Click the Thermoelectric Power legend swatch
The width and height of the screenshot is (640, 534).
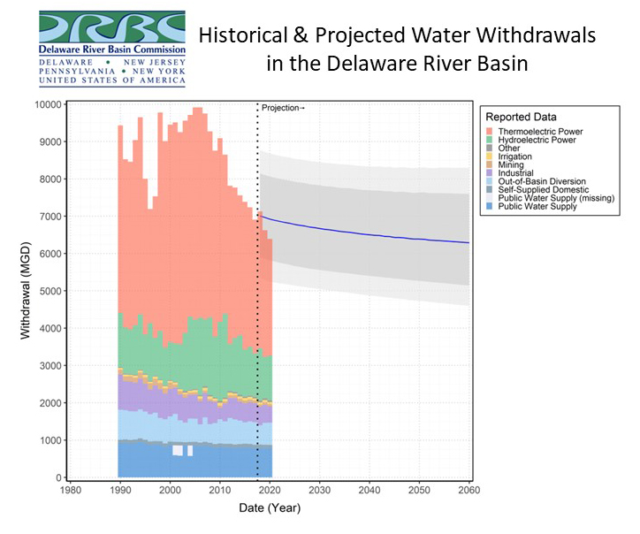pos(490,132)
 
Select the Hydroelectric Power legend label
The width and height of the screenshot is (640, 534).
pos(537,140)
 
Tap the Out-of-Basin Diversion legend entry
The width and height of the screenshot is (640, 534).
pos(536,181)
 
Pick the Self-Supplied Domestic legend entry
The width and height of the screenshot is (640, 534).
pos(537,189)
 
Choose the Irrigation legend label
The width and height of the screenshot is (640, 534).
pos(514,156)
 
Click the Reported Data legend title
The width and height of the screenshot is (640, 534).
pos(521,118)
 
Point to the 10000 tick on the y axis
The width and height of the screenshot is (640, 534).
pos(48,104)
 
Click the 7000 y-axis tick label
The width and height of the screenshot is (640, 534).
pos(50,217)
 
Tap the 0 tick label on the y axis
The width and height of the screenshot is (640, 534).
pos(58,477)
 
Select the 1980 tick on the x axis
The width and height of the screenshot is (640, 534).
pos(71,490)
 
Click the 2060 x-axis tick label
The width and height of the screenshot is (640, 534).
pos(469,490)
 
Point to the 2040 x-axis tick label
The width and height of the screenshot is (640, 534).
pos(370,490)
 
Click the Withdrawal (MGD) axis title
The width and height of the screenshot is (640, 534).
pos(26,291)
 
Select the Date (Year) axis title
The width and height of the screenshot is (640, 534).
pos(270,507)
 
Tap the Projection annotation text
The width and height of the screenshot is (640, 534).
pos(283,108)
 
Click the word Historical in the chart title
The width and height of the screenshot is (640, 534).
pos(243,35)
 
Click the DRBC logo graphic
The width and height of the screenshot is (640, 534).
pos(112,27)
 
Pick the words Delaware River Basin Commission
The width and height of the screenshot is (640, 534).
pos(112,50)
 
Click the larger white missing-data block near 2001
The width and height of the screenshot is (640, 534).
pos(178,450)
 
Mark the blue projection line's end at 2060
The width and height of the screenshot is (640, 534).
pos(469,243)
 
